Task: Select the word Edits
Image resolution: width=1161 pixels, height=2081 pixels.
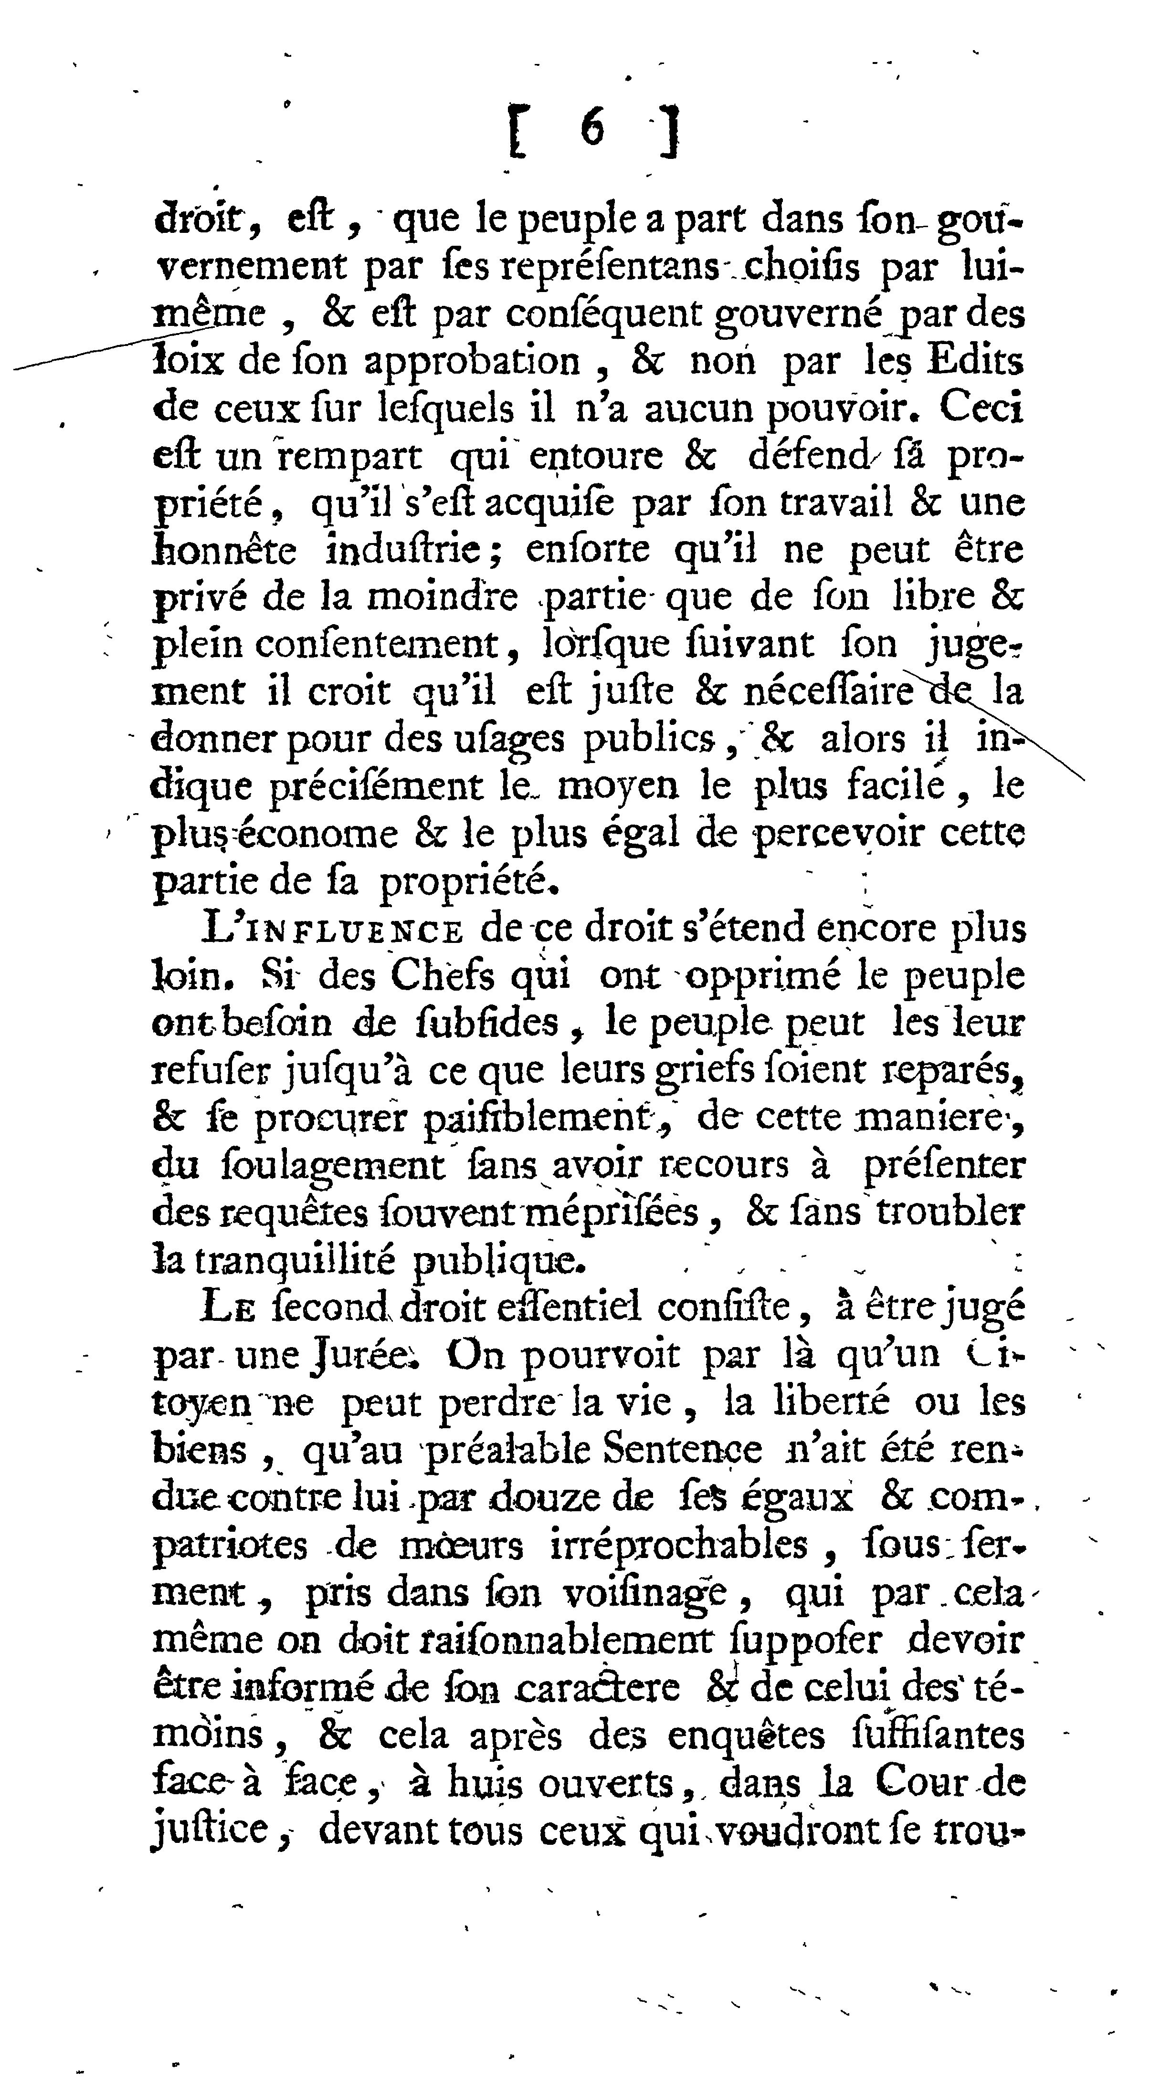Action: coord(974,361)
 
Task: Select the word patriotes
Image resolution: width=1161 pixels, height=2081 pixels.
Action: coord(230,1546)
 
